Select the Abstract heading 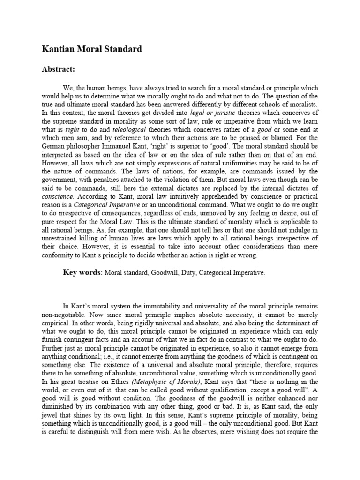[59, 69]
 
